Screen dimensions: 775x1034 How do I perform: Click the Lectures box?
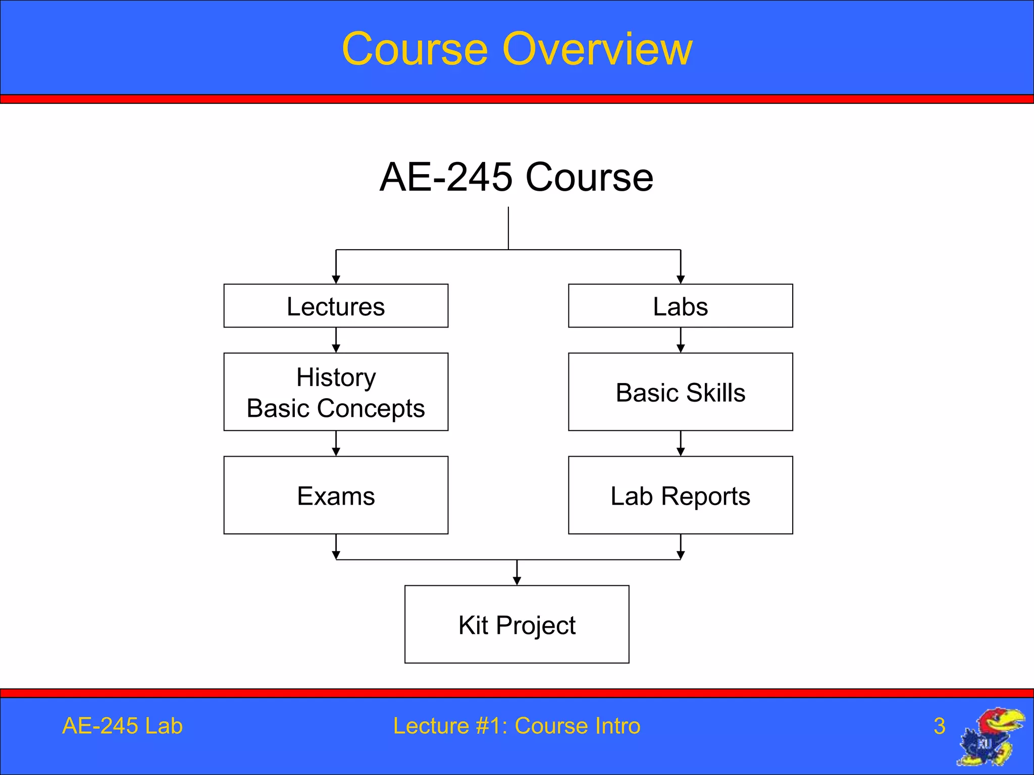click(336, 306)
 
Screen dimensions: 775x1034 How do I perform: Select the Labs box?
click(680, 306)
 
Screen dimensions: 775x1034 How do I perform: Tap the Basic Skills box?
click(680, 392)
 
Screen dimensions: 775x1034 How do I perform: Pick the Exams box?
click(336, 495)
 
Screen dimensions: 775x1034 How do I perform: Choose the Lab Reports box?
click(680, 495)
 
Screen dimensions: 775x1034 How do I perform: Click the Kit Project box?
click(516, 625)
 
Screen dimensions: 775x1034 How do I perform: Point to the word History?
click(336, 377)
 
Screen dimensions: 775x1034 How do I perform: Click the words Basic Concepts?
click(336, 408)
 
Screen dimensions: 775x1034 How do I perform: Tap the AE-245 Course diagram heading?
click(516, 178)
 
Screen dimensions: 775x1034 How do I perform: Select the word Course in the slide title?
click(415, 49)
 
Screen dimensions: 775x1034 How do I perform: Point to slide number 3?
click(939, 726)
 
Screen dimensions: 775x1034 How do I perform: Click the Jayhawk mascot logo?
click(991, 737)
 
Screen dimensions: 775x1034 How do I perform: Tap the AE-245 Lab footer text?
click(122, 726)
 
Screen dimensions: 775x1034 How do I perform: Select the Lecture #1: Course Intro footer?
click(516, 726)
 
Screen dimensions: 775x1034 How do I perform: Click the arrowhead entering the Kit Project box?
click(516, 581)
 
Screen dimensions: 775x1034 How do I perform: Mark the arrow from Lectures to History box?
click(336, 341)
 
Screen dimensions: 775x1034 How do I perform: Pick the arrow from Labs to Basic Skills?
click(680, 341)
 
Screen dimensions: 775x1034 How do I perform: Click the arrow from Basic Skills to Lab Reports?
click(680, 444)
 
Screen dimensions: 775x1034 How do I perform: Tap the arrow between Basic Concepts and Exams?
click(336, 444)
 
